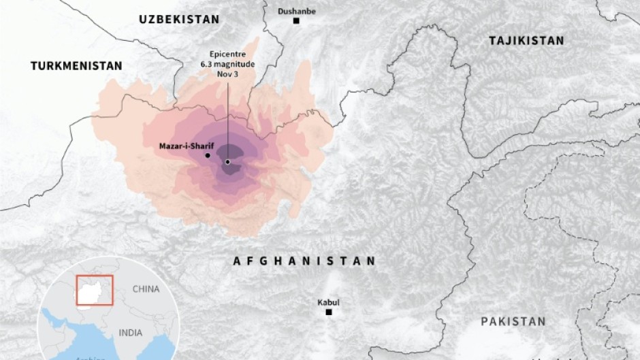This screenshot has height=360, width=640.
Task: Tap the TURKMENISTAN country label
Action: (76, 66)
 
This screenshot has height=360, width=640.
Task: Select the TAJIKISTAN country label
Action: (526, 41)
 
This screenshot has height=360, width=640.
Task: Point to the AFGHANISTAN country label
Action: (304, 261)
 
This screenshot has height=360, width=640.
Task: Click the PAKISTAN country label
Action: (513, 321)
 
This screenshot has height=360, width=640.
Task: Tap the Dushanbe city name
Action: (296, 11)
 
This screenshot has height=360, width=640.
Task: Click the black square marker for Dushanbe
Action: (296, 21)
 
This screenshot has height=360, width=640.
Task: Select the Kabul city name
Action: (328, 302)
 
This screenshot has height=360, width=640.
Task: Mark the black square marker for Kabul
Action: (329, 312)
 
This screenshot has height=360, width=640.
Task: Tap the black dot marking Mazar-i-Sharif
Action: (207, 155)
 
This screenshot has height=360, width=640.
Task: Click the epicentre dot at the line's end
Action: (227, 162)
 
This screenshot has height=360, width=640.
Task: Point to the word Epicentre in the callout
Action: (228, 53)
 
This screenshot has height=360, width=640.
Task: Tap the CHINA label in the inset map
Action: (146, 289)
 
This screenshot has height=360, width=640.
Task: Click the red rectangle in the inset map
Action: (95, 291)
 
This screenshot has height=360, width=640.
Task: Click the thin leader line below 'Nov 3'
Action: (227, 116)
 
